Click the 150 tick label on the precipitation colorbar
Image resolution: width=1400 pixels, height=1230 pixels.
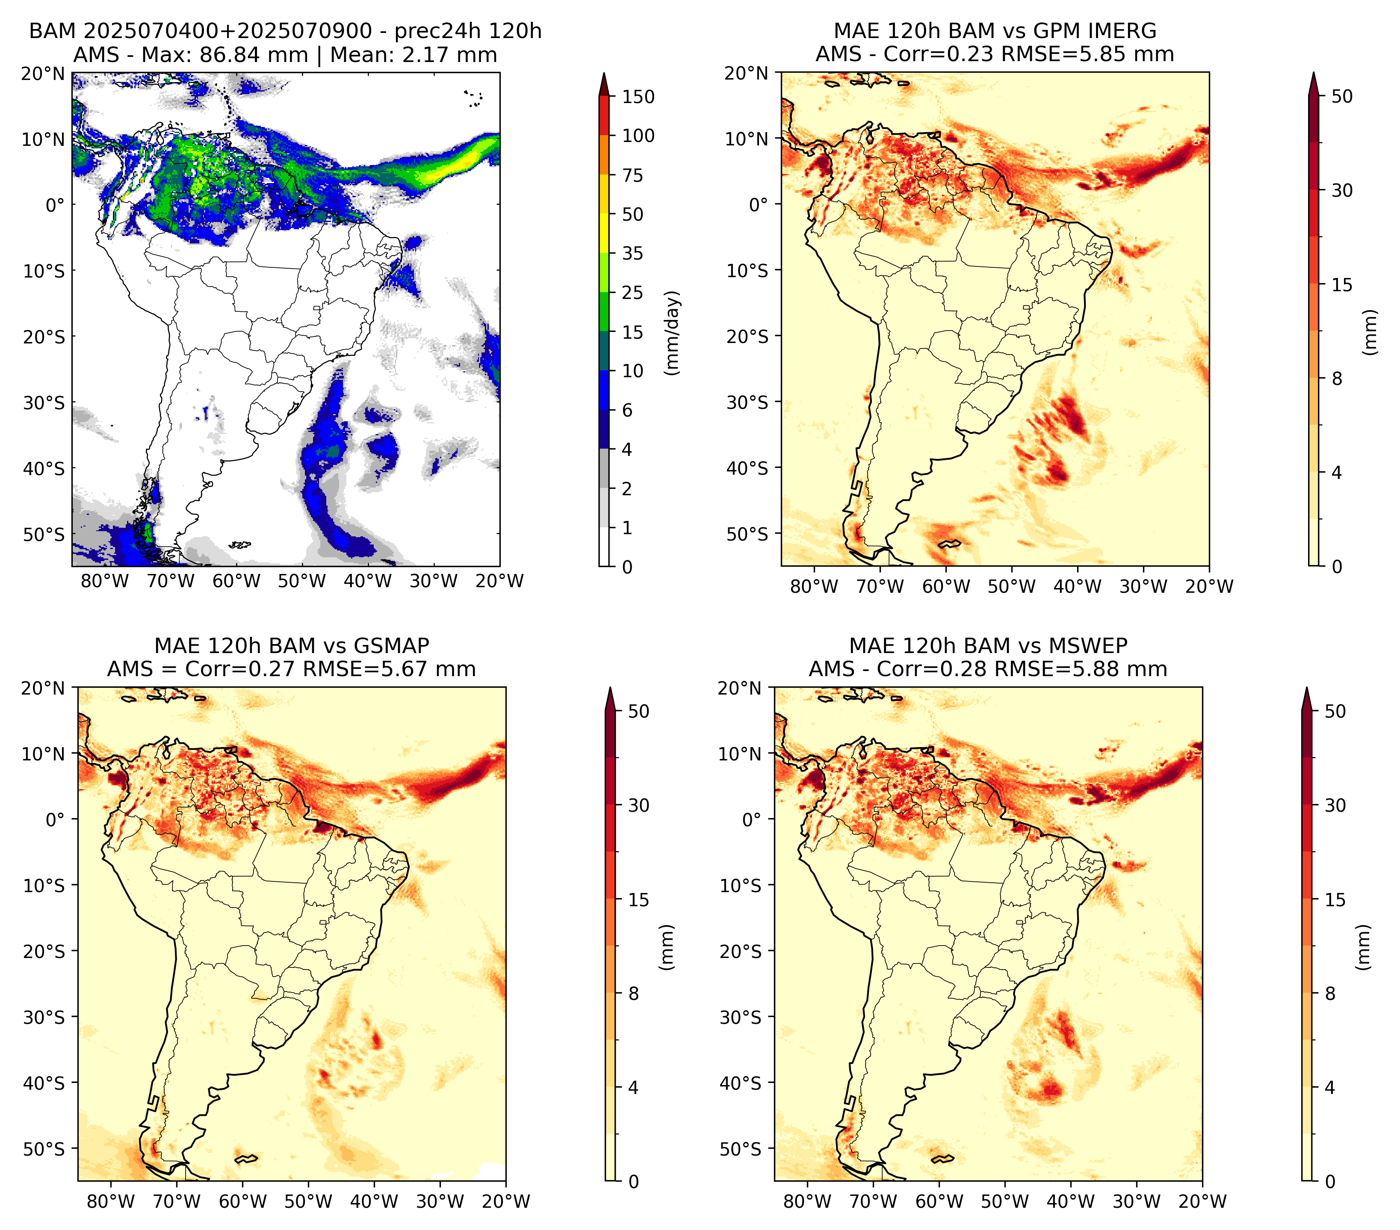[x=638, y=97]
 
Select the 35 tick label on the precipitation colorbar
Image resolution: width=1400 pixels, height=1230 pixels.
[x=632, y=253]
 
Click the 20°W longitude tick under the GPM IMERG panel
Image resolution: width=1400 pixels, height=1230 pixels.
[x=1209, y=587]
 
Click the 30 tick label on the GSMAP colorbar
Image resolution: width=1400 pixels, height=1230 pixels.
[x=638, y=805]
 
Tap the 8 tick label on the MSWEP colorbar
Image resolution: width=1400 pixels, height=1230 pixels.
[x=1330, y=994]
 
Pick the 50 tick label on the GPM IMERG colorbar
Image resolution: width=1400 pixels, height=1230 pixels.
[x=1342, y=97]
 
